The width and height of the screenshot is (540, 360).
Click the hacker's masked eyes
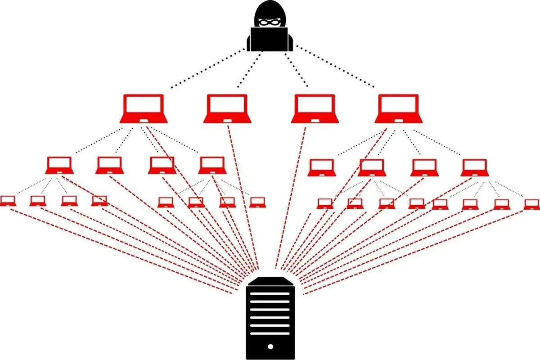pos(270,21)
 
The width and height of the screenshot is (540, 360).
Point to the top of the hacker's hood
pos(270,4)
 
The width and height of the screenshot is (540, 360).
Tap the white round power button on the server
pos(270,346)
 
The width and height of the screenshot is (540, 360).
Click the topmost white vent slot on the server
pos(270,293)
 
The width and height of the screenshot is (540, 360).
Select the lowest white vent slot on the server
pos(270,333)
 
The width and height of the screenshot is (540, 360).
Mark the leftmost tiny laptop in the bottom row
pos(8,201)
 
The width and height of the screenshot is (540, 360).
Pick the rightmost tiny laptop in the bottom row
pos(531,204)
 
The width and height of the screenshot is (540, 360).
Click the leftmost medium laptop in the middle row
pos(59,165)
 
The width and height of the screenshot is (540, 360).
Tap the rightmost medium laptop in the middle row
pos(475,167)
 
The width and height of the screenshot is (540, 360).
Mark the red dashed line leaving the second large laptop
pos(243,193)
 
